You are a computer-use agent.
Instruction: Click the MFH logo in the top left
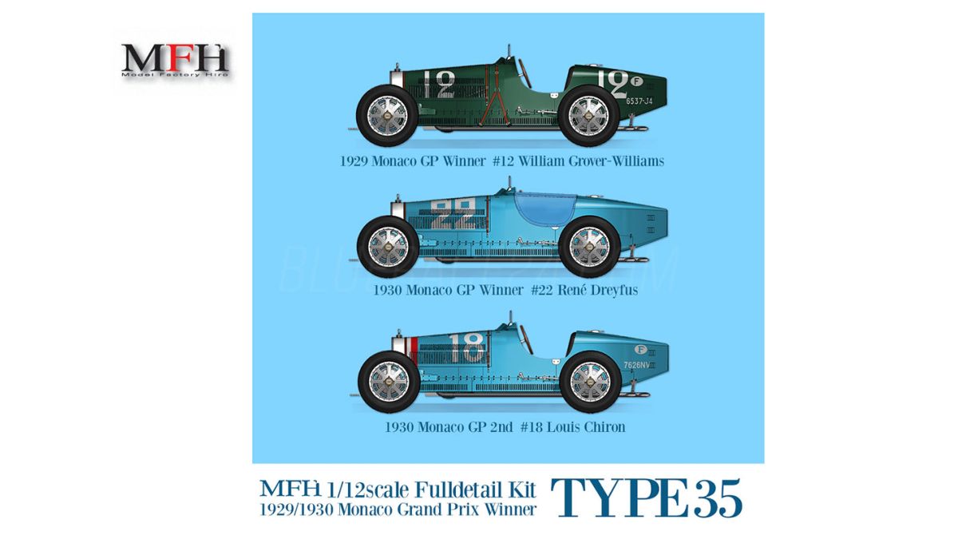click(x=175, y=61)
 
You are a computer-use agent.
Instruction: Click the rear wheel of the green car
click(x=591, y=114)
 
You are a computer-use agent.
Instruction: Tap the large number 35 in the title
click(x=713, y=499)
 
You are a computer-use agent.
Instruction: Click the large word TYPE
click(x=620, y=499)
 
